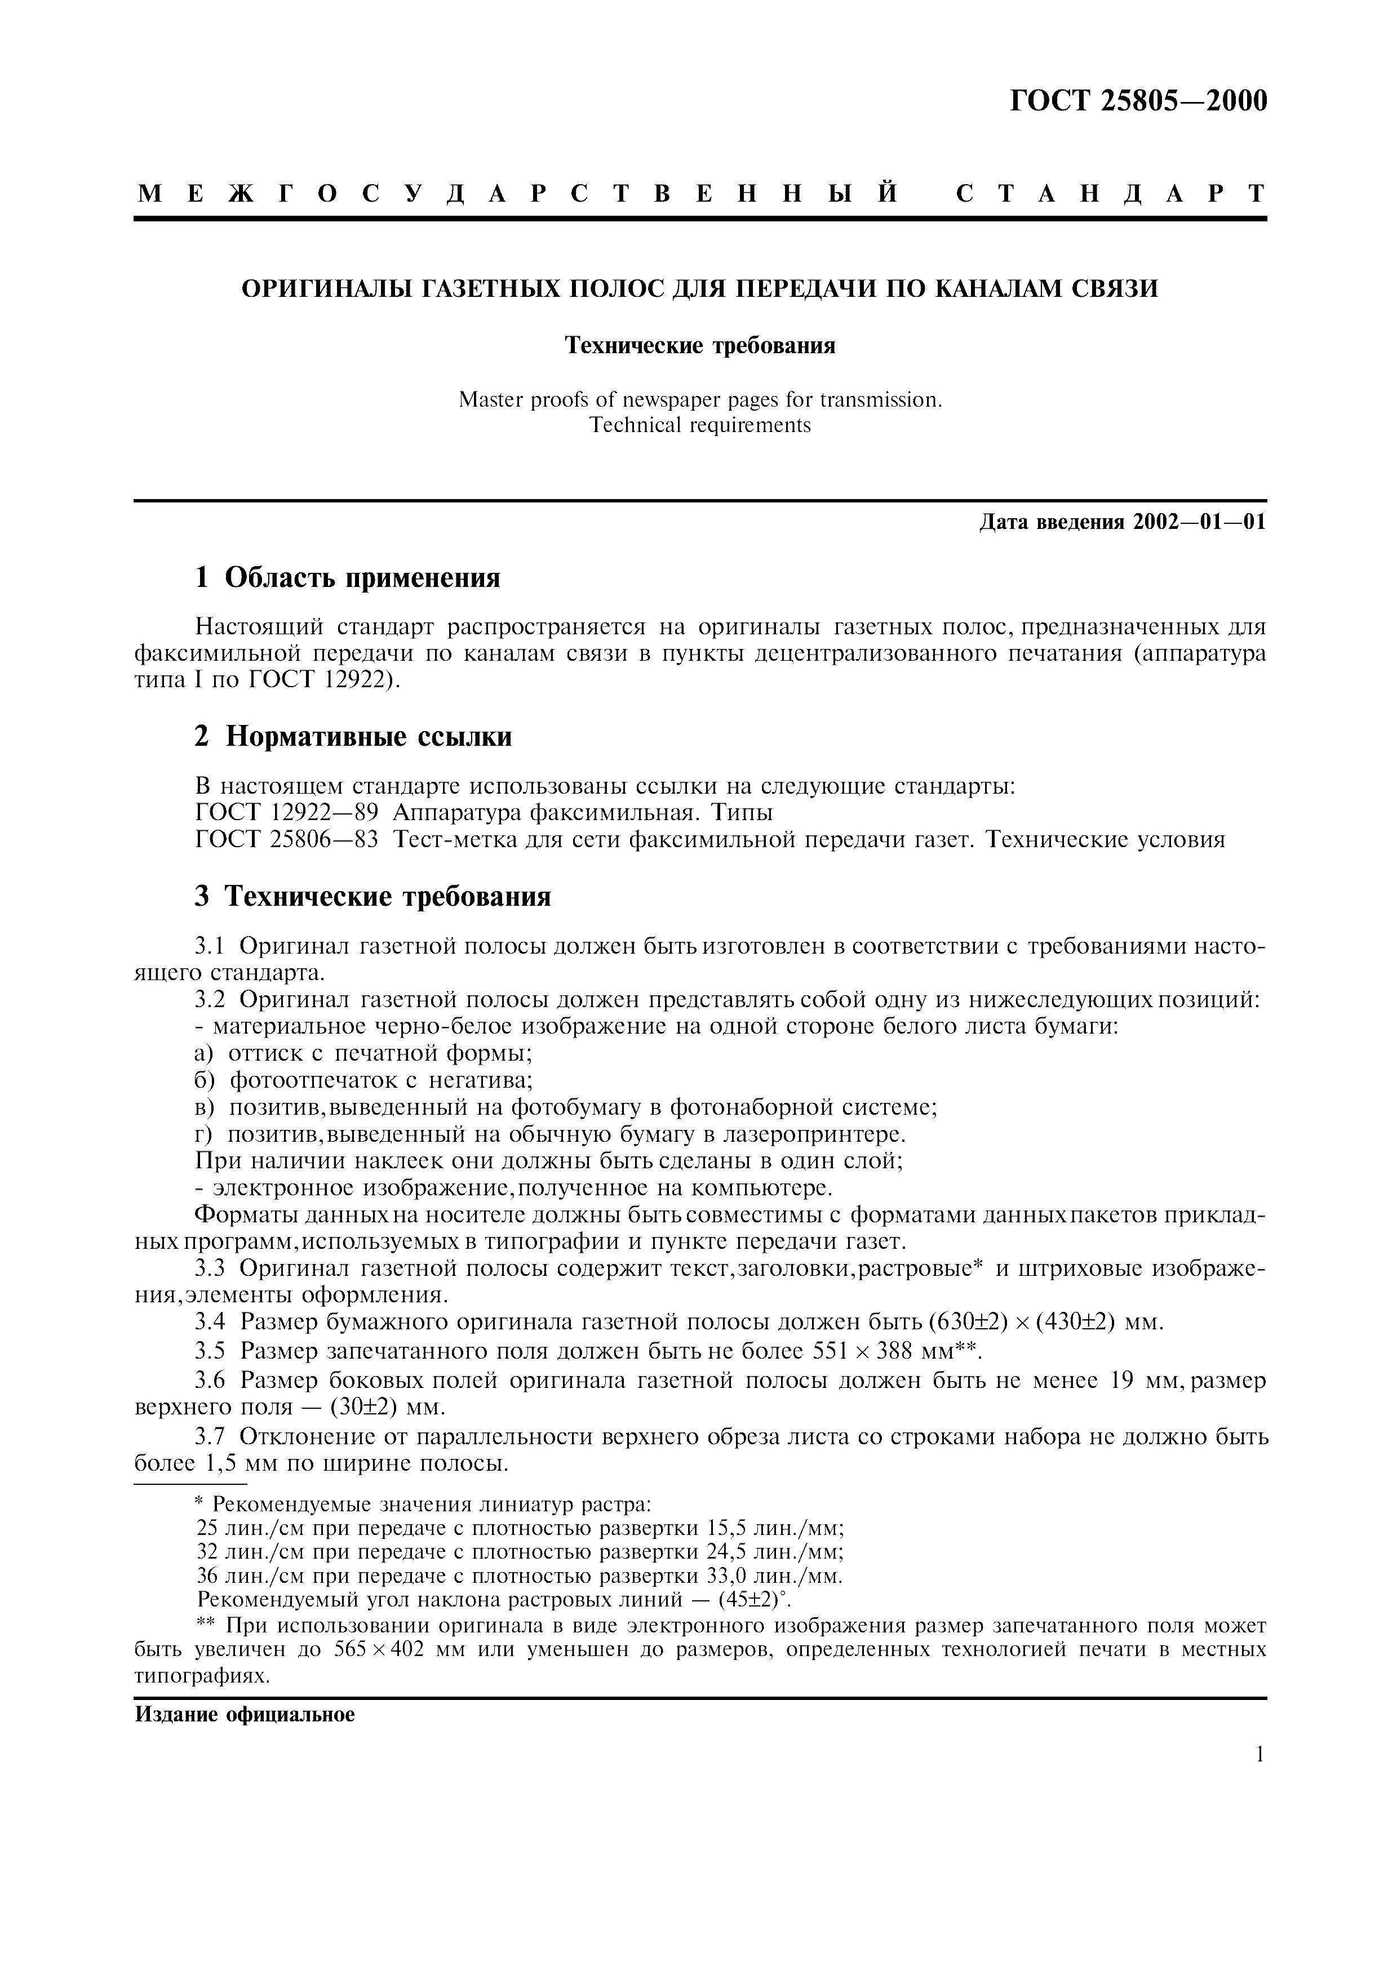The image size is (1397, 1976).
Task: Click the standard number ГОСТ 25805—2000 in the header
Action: (1138, 101)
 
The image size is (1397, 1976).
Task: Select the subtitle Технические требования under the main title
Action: (700, 346)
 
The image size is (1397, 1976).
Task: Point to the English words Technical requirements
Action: (700, 425)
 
